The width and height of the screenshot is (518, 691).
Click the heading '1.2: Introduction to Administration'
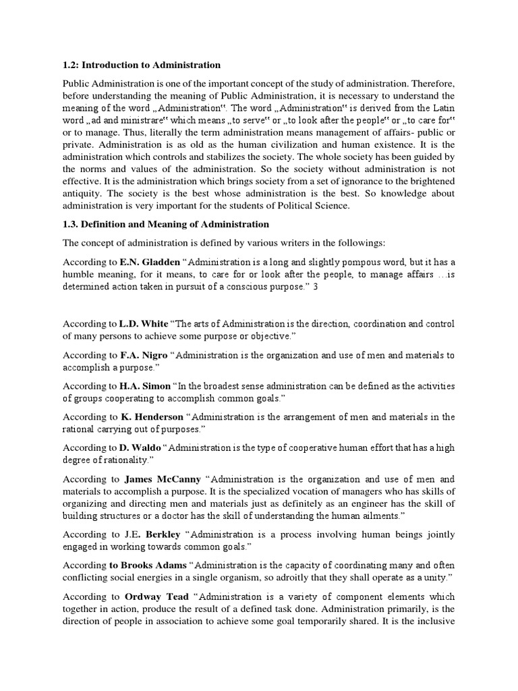pos(142,65)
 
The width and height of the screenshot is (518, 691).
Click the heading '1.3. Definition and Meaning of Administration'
pos(166,224)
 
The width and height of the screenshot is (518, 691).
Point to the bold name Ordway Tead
pos(156,597)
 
